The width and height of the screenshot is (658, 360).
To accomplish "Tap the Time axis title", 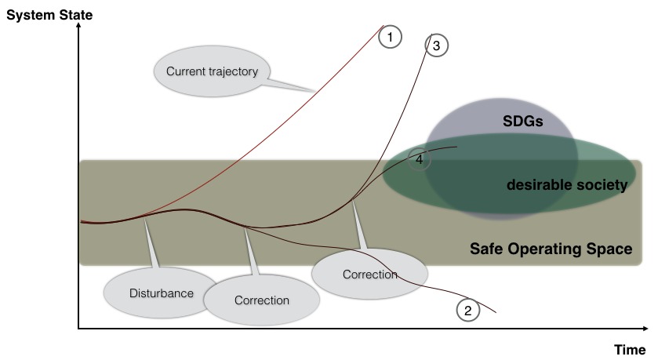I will pos(631,348).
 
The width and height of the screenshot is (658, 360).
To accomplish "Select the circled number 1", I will pos(390,36).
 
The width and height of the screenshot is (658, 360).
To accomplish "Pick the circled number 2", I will pos(468,311).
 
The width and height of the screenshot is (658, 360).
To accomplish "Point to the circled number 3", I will pos(437,45).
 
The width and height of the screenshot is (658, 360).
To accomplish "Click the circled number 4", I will pos(420,159).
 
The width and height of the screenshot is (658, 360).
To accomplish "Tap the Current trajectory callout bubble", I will pos(212,71).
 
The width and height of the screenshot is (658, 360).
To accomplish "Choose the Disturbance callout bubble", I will pos(161,293).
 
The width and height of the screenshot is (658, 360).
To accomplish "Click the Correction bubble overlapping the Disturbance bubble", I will pos(262,300).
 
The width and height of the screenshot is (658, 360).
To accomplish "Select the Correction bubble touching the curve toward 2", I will pos(369,275).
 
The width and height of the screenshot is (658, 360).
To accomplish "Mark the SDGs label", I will pos(523,122).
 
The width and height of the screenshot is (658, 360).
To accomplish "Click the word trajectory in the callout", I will pos(233,71).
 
